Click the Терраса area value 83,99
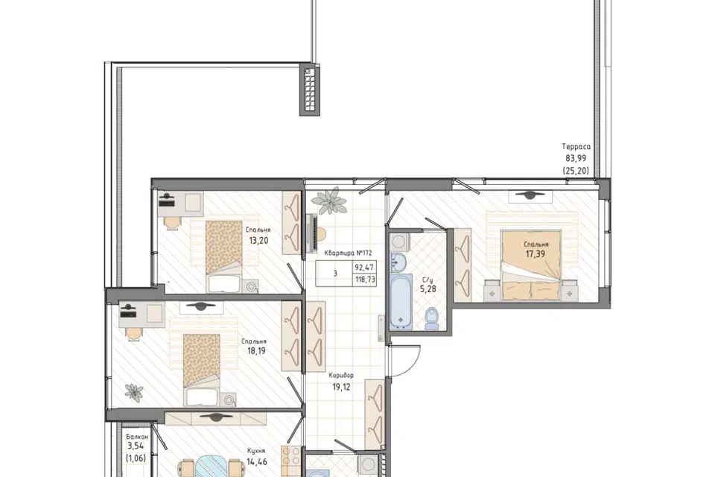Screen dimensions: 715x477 [x=576, y=159]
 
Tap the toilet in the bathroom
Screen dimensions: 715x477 [x=432, y=318]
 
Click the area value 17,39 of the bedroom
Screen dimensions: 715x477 [x=536, y=254]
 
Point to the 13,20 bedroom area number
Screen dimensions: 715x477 [x=258, y=240]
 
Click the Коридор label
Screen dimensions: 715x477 [x=341, y=376]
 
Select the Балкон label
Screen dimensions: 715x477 [x=137, y=437]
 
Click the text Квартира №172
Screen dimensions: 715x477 [x=349, y=253]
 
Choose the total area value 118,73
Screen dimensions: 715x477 [x=365, y=279]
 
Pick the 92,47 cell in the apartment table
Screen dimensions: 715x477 [x=364, y=267]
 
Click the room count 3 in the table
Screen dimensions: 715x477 [x=335, y=274]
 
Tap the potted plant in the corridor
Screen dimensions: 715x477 [x=331, y=200]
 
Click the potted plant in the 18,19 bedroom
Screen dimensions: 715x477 [x=134, y=393]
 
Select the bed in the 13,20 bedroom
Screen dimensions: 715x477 [x=223, y=256]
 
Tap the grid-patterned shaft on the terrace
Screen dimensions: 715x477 [x=310, y=90]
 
